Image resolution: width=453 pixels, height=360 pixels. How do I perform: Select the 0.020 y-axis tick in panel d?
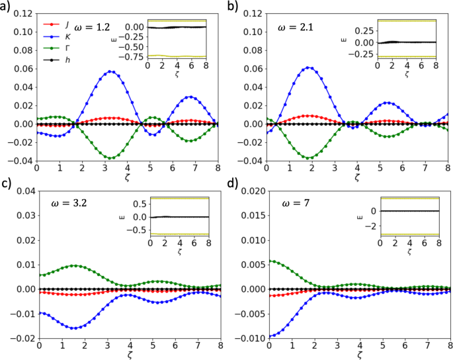pos(251,191)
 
